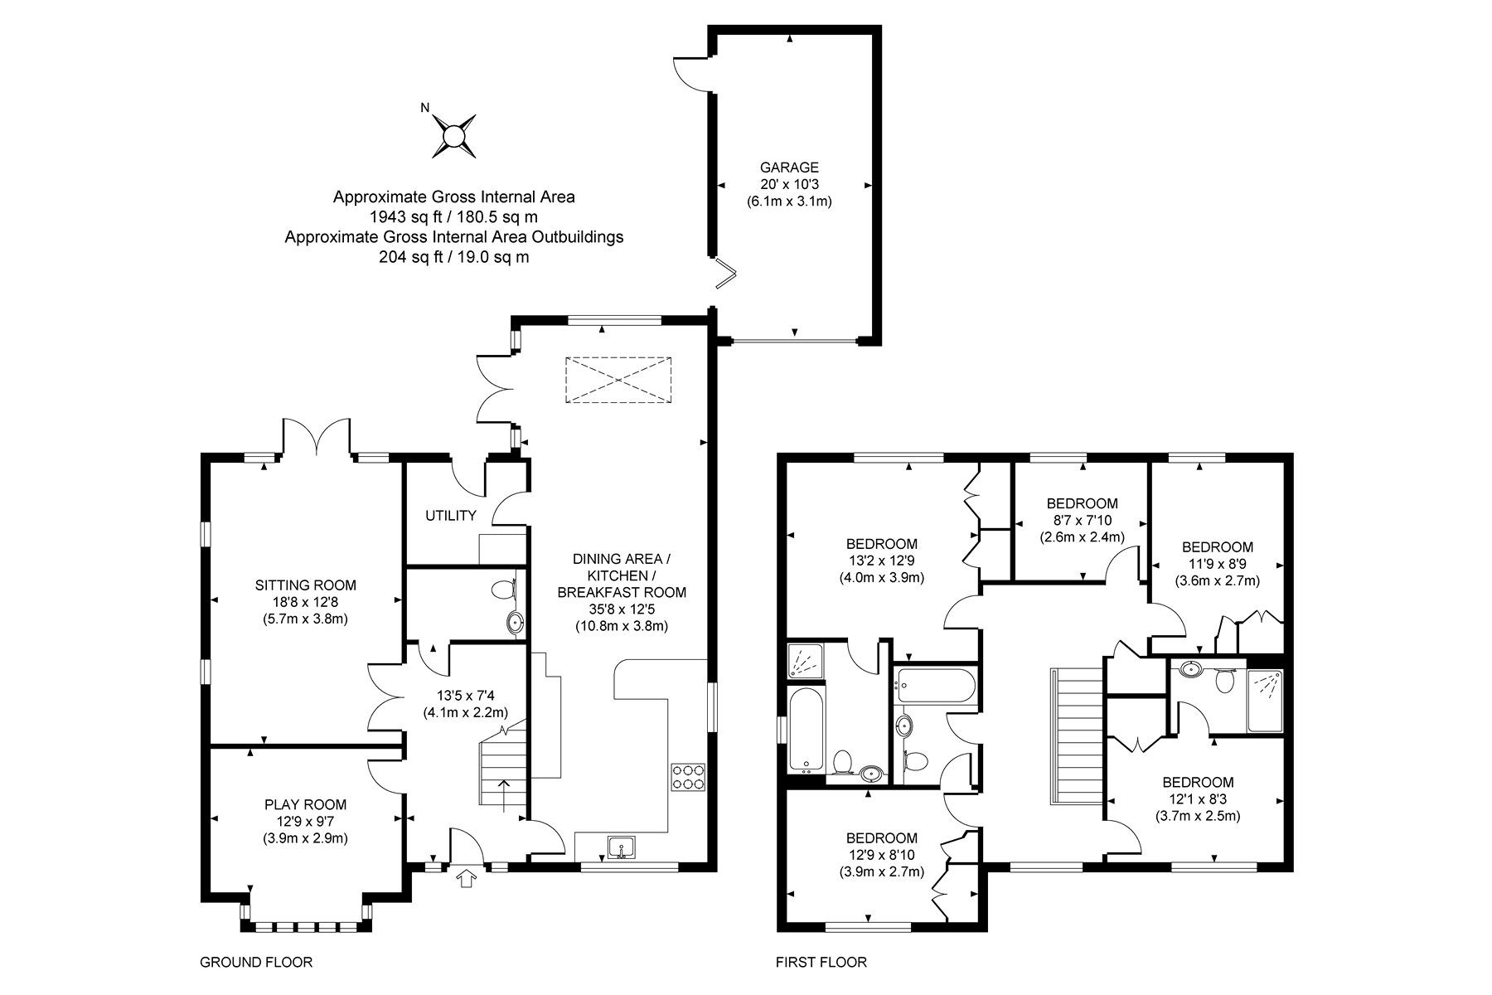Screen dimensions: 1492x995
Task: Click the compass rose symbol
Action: point(454,135)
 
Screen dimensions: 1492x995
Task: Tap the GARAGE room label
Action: point(789,167)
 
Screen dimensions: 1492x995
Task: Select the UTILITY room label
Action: point(451,516)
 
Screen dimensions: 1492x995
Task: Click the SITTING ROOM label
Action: point(306,585)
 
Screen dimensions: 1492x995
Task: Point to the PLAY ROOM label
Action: point(306,804)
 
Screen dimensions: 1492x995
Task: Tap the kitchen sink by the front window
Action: point(621,847)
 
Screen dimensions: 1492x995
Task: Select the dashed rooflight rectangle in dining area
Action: point(618,381)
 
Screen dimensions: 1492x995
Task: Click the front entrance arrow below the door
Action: point(467,878)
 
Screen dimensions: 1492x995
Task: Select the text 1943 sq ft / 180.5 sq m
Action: point(454,217)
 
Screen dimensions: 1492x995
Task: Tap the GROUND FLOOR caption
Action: point(256,963)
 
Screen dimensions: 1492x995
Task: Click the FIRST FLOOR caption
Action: point(821,963)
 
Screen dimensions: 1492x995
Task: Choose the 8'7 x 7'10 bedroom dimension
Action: point(1083,520)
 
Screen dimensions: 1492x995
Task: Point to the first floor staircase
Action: point(1078,735)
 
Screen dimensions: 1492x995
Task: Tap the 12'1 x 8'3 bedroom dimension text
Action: point(1198,798)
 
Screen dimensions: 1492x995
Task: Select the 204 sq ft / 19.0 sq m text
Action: point(454,257)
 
